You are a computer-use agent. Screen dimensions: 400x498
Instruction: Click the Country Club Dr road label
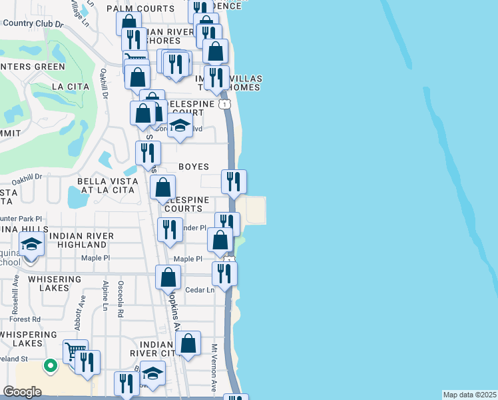coord(33,23)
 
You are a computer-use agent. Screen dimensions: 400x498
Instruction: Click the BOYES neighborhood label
coord(194,167)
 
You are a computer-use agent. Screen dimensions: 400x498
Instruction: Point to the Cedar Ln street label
coord(200,290)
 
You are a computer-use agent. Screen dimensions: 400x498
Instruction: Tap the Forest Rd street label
coord(27,319)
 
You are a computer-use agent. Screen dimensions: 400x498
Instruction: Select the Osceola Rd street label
coord(121,297)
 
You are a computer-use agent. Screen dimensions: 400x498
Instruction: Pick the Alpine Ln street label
coord(105,295)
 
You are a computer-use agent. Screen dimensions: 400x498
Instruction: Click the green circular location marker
coord(49,365)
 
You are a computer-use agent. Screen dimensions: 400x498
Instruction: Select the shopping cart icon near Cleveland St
coord(75,349)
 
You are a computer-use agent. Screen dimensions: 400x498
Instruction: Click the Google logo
coord(22,392)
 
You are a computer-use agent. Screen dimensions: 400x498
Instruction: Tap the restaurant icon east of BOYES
coord(234,180)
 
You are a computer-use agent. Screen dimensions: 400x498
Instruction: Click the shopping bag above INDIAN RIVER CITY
coord(189,343)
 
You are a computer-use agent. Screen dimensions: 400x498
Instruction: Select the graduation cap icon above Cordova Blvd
coord(180,125)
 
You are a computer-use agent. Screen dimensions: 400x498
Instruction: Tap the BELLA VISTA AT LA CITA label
coord(108,185)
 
